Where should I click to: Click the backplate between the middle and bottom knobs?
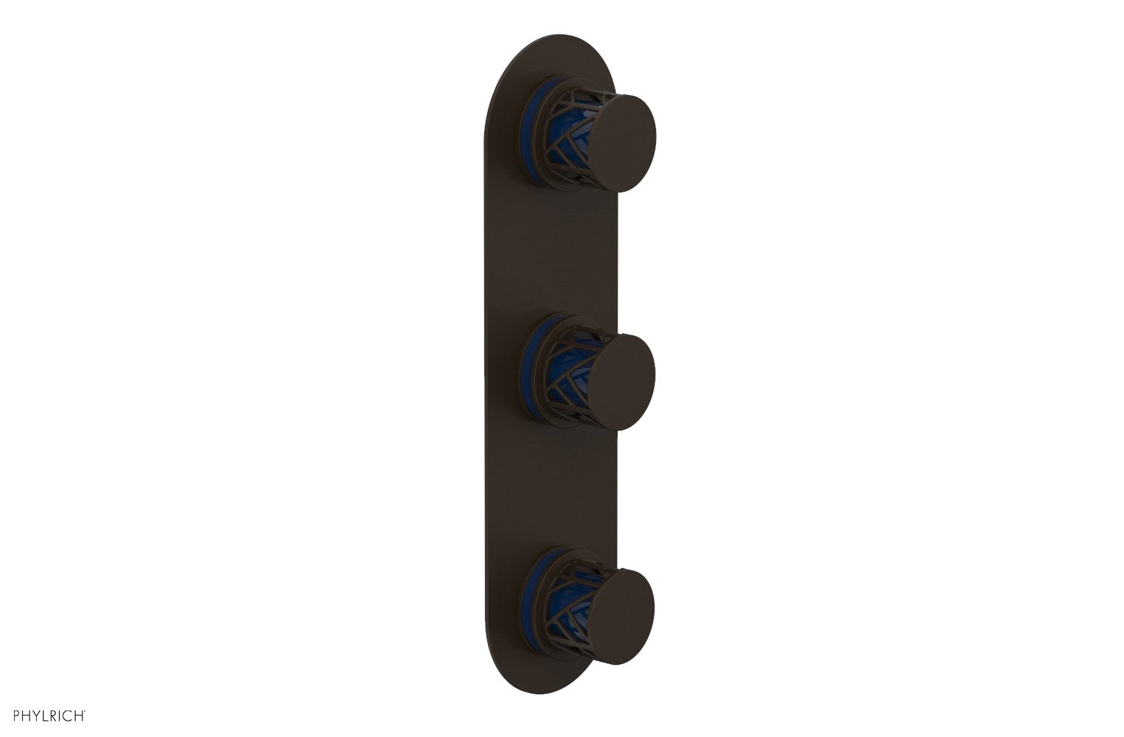pos(531,494)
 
